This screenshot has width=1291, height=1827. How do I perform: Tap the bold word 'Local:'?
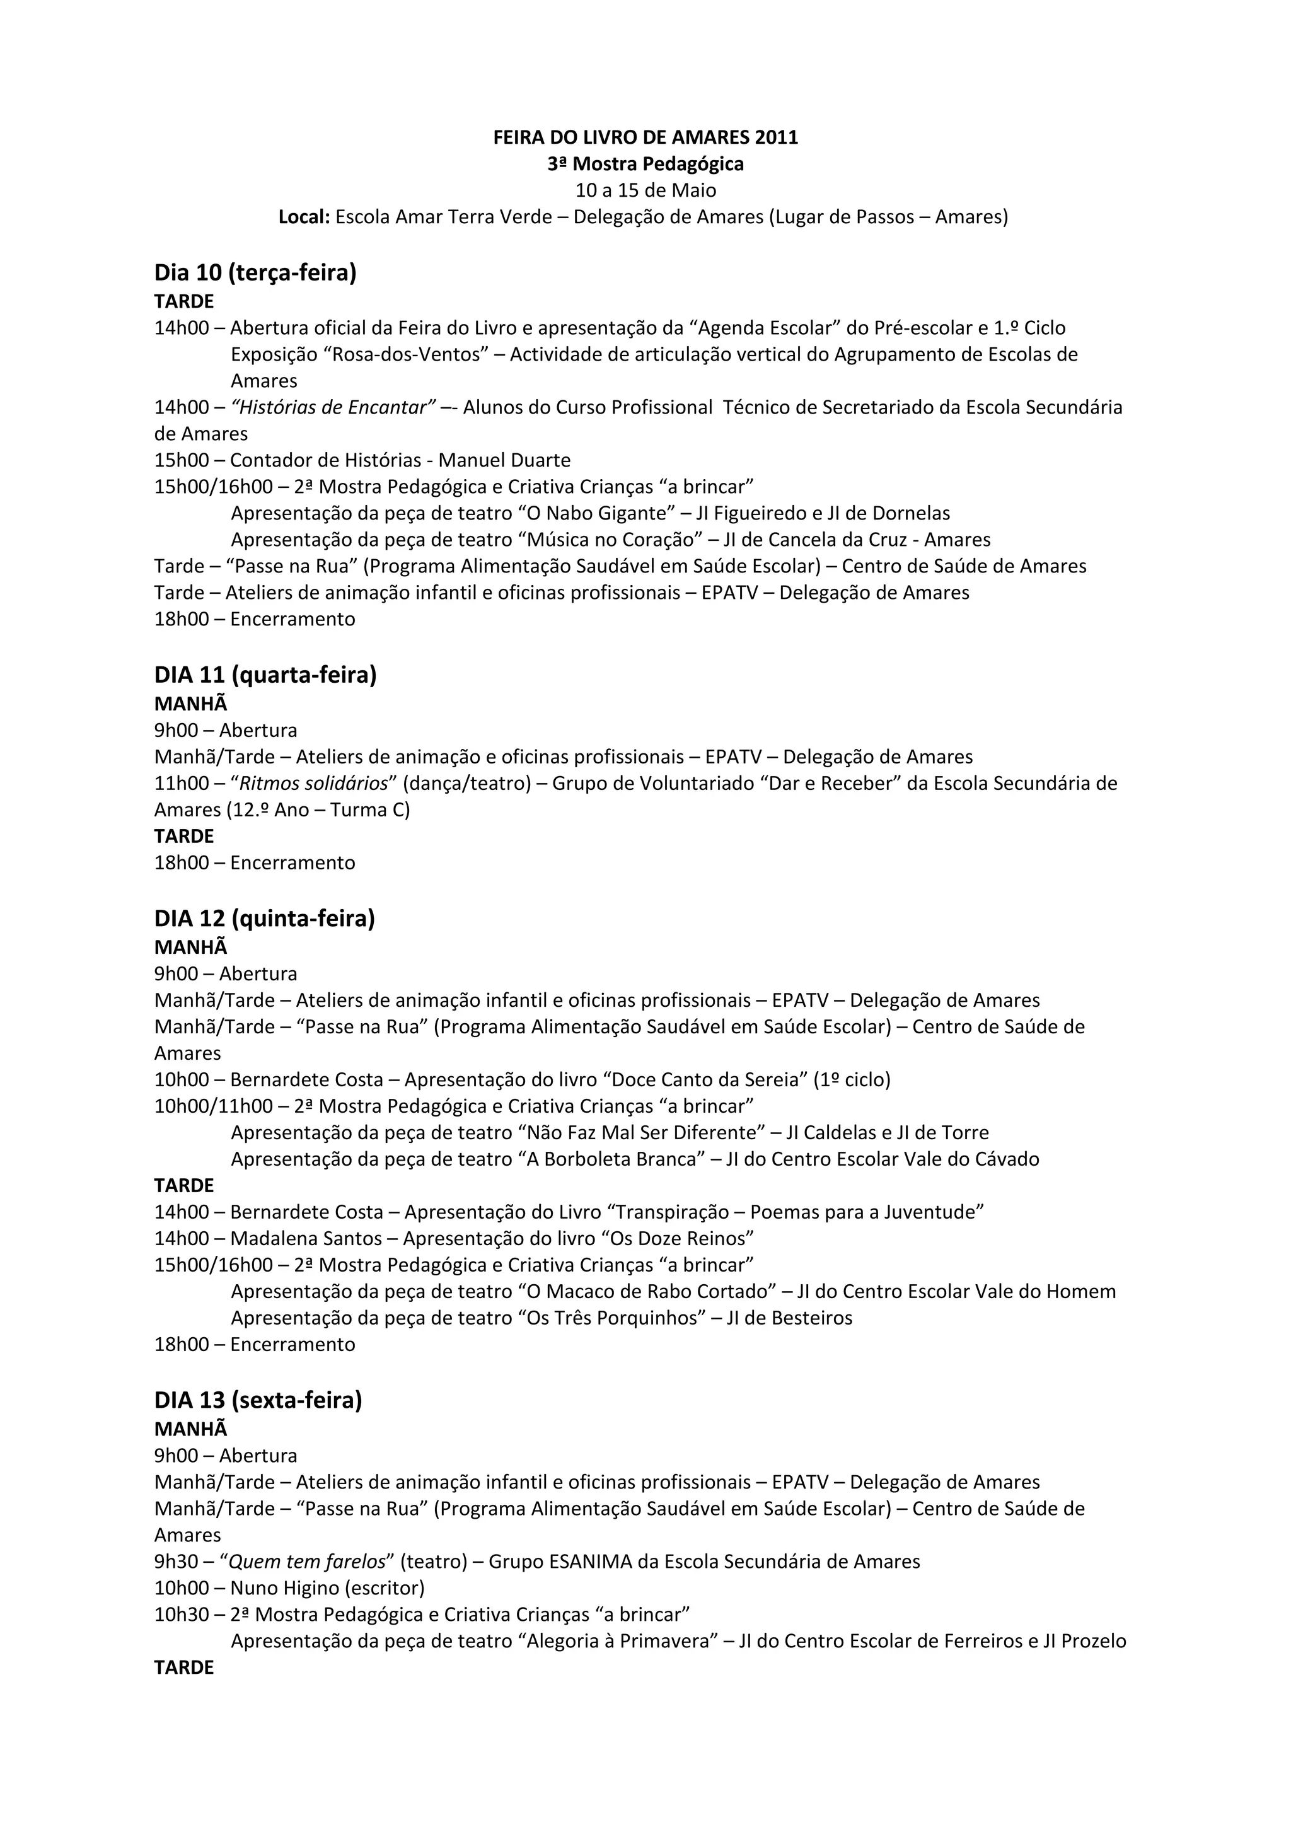tap(304, 217)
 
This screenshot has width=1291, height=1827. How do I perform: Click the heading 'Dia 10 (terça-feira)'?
tap(255, 273)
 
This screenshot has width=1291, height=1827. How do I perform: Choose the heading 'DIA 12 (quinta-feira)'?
tap(264, 919)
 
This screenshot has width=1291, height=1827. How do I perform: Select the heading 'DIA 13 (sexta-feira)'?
tap(258, 1400)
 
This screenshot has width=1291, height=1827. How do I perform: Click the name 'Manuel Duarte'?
tap(504, 460)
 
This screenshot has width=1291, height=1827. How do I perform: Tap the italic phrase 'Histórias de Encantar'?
tap(332, 407)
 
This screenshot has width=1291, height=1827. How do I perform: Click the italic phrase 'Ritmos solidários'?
tap(313, 783)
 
